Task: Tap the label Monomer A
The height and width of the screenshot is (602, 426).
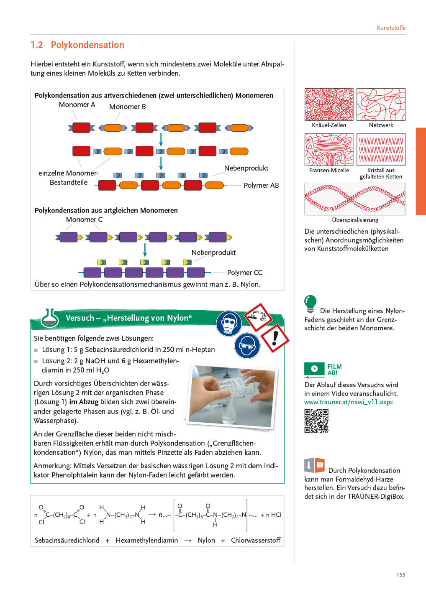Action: pos(77,105)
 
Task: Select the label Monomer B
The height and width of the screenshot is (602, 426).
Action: pos(127,107)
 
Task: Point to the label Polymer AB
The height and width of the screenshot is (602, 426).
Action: pos(261,185)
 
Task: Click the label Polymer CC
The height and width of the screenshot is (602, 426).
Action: pos(244,273)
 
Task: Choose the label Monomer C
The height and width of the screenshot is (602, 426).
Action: pos(84,220)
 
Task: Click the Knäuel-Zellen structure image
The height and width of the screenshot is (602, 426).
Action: pos(329,105)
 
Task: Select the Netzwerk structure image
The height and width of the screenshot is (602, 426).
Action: pos(381,105)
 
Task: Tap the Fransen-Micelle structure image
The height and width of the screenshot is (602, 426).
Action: pos(329,150)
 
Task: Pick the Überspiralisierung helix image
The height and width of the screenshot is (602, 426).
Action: pos(355,199)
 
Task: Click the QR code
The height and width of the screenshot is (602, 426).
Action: pos(316,421)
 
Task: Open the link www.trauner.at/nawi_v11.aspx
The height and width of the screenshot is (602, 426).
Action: pos(348,402)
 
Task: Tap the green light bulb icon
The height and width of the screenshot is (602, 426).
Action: pos(310,303)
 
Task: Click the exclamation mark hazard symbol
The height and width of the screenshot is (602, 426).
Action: pos(275,337)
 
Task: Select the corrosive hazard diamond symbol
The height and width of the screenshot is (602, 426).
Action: pos(258,316)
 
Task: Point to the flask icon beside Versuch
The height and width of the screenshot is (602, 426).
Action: pos(50,318)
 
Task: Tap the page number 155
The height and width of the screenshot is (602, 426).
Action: pos(400,575)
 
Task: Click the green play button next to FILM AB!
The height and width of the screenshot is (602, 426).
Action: pos(314,369)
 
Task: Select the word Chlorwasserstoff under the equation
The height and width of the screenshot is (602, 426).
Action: pos(255,541)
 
